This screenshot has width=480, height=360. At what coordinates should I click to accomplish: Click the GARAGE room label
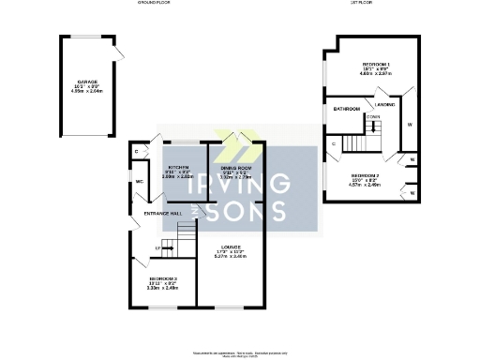coord(89,82)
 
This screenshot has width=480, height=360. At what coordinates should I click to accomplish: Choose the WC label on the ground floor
coord(139,181)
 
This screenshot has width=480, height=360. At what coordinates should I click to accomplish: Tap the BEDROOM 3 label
coord(162,278)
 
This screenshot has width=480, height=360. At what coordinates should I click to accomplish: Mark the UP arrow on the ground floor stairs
coord(157,247)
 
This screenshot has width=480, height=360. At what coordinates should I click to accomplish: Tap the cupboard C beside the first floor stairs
coord(335,143)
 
